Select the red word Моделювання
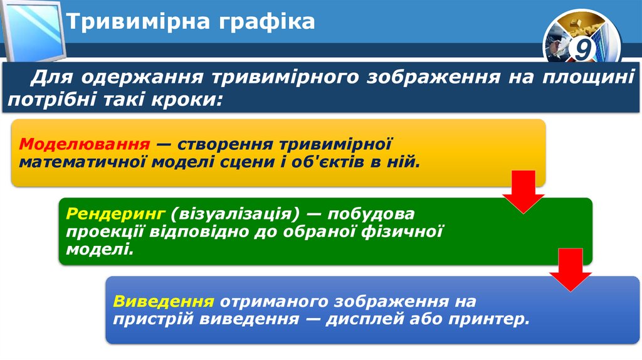[x=84, y=144]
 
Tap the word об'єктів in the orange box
[x=344, y=162]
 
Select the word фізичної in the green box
[x=402, y=231]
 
